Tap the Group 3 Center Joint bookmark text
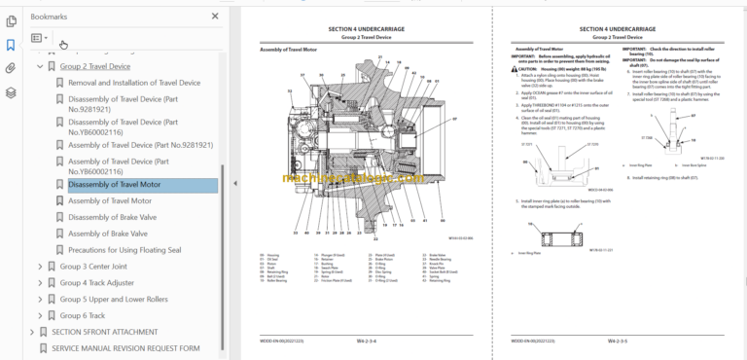pyautogui.click(x=99, y=266)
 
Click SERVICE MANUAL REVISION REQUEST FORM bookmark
pyautogui.click(x=125, y=347)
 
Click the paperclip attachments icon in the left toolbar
pyautogui.click(x=11, y=68)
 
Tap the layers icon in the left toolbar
pyautogui.click(x=11, y=92)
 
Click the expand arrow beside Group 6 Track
pyautogui.click(x=40, y=315)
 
